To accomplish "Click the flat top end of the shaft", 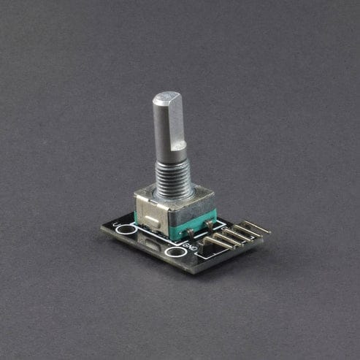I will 167,97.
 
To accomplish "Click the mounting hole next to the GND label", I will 175,253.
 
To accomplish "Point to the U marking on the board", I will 116,221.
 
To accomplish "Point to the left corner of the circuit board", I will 103,229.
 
